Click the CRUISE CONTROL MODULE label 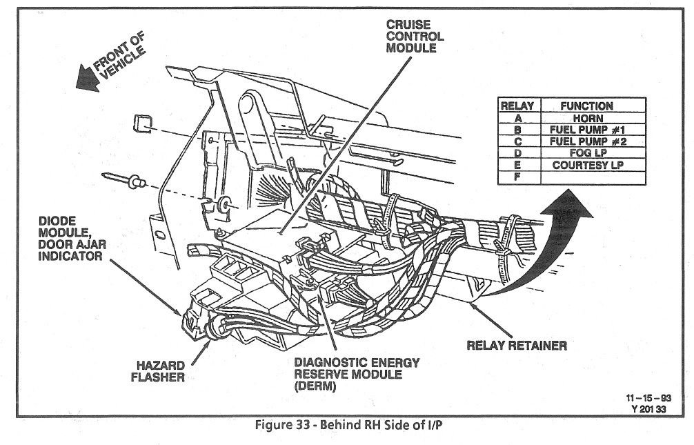pos(415,37)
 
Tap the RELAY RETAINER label pos(517,344)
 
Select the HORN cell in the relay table pos(586,117)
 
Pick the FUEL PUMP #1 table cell pos(586,129)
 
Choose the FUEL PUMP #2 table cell pos(586,141)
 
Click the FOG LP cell pos(586,153)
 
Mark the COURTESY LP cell pos(586,166)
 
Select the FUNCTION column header pos(586,106)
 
